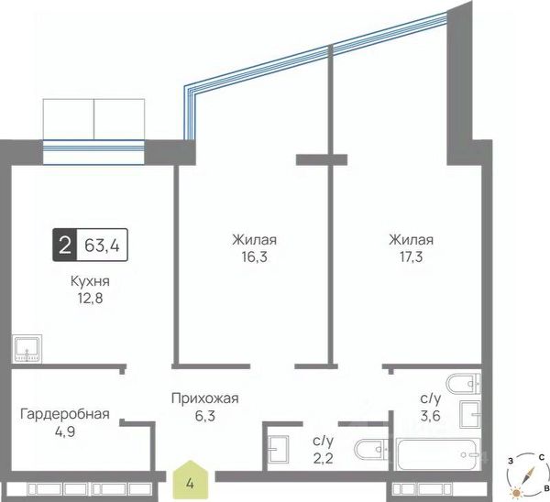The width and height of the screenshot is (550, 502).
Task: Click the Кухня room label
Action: point(90,281)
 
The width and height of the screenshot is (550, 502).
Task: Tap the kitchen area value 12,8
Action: point(90,299)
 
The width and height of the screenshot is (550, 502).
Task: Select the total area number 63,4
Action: point(102,245)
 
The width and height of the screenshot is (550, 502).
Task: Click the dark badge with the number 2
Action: point(64,245)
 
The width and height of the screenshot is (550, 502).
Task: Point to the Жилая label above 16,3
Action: point(254,240)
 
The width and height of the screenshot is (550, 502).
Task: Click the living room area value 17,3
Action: point(411,257)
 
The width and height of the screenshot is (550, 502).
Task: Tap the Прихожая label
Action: point(204,398)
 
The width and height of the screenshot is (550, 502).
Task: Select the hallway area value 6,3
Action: point(204,416)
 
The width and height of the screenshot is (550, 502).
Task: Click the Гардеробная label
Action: point(65,414)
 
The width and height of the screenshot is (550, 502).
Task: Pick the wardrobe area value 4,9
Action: point(65,431)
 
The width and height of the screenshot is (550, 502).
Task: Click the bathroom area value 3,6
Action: point(431,416)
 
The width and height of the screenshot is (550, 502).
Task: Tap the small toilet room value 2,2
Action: point(323,457)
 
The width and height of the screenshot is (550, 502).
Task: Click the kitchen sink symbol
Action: point(27,348)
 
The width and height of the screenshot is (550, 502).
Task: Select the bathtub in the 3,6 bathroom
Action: point(438,454)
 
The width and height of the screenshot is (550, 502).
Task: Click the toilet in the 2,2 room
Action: point(371,450)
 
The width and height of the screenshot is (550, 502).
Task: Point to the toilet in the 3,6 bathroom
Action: point(463,384)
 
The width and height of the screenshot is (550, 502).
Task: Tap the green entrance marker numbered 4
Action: point(190,480)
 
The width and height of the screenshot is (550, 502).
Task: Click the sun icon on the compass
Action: point(516,493)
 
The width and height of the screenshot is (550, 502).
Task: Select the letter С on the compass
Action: point(542,457)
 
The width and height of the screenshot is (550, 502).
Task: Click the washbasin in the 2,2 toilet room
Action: point(278,450)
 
